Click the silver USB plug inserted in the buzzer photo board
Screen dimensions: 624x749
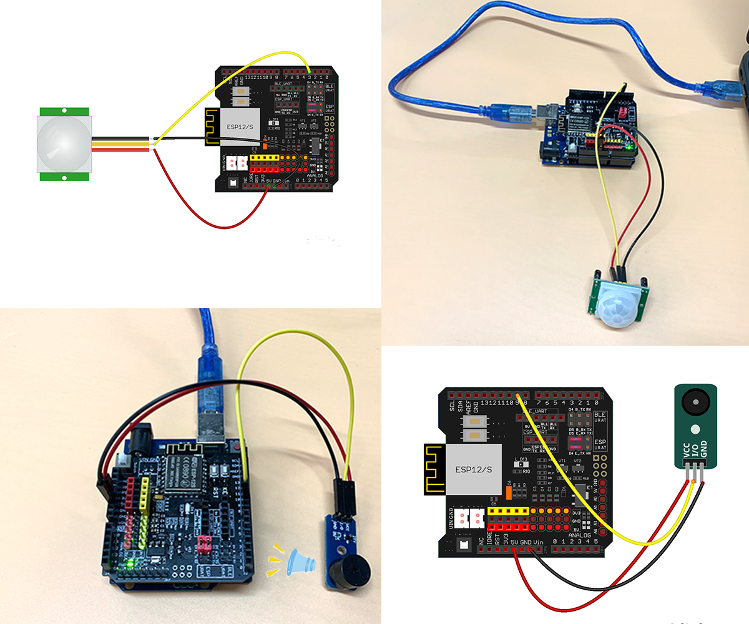pos(212,424)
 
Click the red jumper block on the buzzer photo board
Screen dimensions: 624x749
pos(204,544)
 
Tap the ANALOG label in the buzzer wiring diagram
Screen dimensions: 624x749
pos(579,535)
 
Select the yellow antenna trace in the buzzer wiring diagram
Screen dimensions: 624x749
pos(434,469)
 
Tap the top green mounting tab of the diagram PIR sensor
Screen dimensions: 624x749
pos(64,111)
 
